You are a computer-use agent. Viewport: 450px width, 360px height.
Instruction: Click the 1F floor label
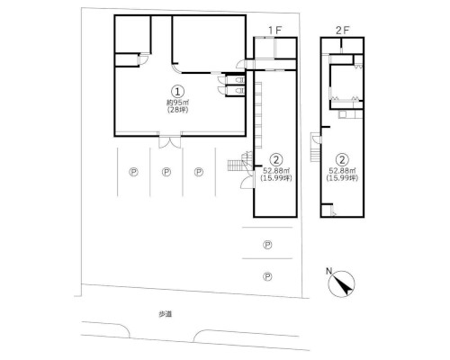point(275,31)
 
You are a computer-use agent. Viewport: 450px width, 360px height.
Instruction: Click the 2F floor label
point(342,31)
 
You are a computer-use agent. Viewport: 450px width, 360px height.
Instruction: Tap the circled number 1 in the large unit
point(177,91)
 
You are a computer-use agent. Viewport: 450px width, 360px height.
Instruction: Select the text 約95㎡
point(177,103)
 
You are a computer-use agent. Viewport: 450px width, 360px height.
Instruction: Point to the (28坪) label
point(177,110)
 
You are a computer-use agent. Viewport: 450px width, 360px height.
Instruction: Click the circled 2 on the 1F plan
point(275,159)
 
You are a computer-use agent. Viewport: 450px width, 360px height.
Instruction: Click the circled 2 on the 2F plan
point(342,159)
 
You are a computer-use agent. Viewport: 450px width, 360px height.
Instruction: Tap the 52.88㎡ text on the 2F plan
point(342,171)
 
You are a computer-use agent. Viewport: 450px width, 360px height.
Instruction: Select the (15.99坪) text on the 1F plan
point(276,178)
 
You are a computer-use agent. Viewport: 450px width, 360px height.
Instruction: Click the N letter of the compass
point(329,272)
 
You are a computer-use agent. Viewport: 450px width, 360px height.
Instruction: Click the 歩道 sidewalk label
point(166,314)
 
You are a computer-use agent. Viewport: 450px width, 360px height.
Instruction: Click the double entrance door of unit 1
point(170,142)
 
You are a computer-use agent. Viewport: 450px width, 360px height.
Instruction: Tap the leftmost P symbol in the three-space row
point(133,172)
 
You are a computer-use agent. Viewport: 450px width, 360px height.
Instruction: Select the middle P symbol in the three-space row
point(166,172)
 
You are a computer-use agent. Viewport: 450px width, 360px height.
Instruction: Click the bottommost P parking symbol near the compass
point(267,276)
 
